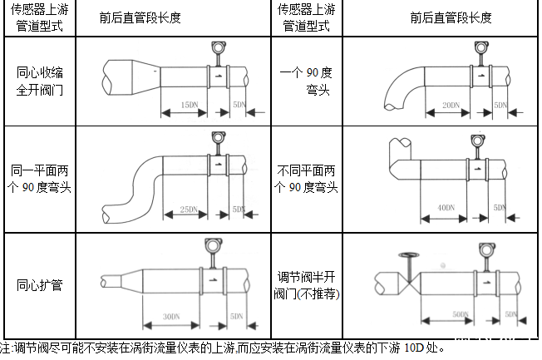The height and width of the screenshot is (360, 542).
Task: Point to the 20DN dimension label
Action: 450,106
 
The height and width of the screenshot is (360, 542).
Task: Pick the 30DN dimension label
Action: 172,316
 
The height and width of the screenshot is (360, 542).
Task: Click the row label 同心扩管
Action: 39,285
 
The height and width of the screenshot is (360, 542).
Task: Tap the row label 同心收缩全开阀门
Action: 39,81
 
